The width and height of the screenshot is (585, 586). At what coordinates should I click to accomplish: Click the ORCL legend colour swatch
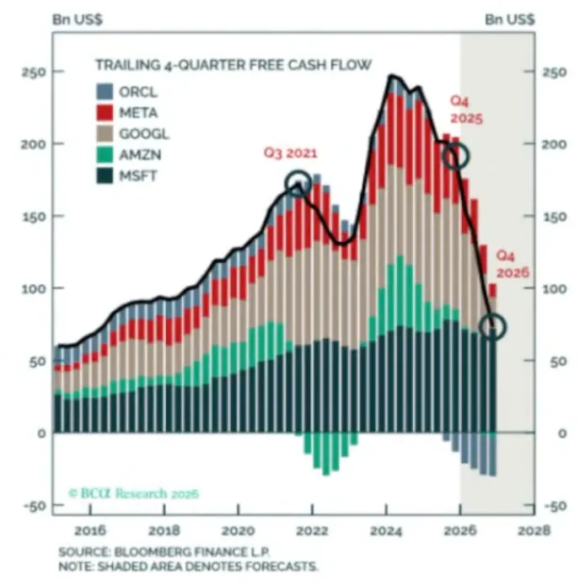pyautogui.click(x=105, y=92)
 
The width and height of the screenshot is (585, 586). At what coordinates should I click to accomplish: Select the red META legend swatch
pyautogui.click(x=105, y=112)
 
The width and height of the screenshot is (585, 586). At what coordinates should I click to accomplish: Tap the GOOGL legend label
pyautogui.click(x=144, y=134)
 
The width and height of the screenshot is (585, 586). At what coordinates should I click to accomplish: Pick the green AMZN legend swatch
pyautogui.click(x=105, y=155)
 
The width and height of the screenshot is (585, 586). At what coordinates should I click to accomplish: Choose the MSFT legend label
pyautogui.click(x=138, y=175)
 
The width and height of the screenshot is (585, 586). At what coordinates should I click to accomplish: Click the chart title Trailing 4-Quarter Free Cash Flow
pyautogui.click(x=233, y=65)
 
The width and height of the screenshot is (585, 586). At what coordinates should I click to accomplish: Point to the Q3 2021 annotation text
pyautogui.click(x=291, y=153)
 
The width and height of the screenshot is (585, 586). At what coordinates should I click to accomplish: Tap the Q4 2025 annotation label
pyautogui.click(x=466, y=110)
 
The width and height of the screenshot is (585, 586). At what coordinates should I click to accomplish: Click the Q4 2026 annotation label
pyautogui.click(x=513, y=264)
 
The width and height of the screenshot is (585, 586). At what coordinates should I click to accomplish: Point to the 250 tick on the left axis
pyautogui.click(x=34, y=72)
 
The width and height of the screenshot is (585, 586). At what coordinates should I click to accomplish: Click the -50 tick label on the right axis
pyautogui.click(x=556, y=506)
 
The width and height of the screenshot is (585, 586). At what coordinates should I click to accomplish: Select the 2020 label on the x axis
pyautogui.click(x=238, y=530)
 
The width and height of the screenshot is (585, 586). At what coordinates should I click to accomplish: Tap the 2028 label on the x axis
pyautogui.click(x=534, y=530)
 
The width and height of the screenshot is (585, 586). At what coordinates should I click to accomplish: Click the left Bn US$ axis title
pyautogui.click(x=78, y=19)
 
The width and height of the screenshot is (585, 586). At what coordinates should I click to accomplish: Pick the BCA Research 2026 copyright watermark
pyautogui.click(x=134, y=493)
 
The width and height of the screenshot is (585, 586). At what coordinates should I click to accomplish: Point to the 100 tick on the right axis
pyautogui.click(x=555, y=288)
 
